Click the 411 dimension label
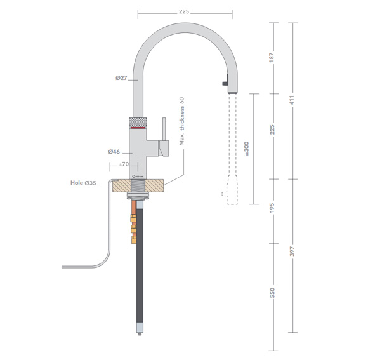pos(292,100)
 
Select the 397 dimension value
pos(292,251)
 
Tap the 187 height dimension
pos(272,58)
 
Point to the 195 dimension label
pos(272,208)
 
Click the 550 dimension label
pos(272,293)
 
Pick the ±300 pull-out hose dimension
pos(247,149)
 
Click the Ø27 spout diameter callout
pos(121,77)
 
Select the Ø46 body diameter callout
pos(114,152)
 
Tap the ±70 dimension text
pos(124,164)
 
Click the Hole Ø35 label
pos(83,183)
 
